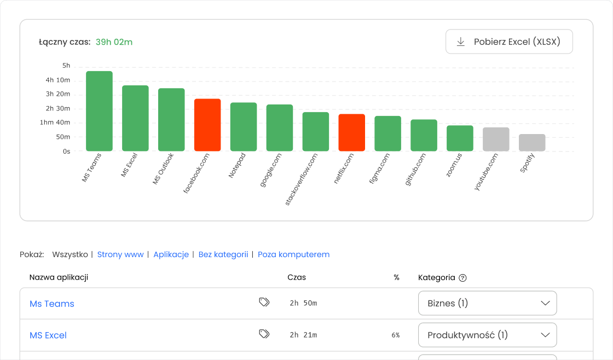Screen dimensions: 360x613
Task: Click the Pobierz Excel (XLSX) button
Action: pyautogui.click(x=509, y=42)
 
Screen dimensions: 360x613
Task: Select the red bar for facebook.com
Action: pyautogui.click(x=207, y=125)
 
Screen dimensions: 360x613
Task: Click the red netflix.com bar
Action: pyautogui.click(x=352, y=132)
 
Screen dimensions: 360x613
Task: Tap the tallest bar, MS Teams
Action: pyautogui.click(x=99, y=111)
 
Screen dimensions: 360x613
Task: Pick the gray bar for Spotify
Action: pyautogui.click(x=532, y=142)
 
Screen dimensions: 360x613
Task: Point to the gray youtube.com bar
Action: pyautogui.click(x=496, y=139)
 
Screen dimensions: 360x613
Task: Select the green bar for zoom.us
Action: pyautogui.click(x=460, y=138)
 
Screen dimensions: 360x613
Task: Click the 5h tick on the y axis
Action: pyautogui.click(x=66, y=66)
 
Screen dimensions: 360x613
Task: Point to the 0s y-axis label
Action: pyautogui.click(x=66, y=151)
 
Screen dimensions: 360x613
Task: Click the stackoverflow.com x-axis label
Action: pyautogui.click(x=302, y=179)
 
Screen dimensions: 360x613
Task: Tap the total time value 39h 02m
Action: pyautogui.click(x=114, y=42)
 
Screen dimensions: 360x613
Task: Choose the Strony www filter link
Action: pyautogui.click(x=120, y=254)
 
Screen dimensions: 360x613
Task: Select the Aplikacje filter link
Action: pyautogui.click(x=171, y=254)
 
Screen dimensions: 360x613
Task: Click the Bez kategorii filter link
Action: pyautogui.click(x=223, y=254)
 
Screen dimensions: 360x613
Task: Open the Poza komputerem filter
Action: pyautogui.click(x=293, y=254)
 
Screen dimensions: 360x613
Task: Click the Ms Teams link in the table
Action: pyautogui.click(x=52, y=304)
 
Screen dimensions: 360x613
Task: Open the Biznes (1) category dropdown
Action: pyautogui.click(x=487, y=303)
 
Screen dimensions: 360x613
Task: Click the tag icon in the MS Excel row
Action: pyautogui.click(x=264, y=334)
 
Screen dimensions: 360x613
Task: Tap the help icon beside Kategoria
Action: pyautogui.click(x=462, y=278)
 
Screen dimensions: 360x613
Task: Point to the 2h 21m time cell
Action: pyautogui.click(x=303, y=335)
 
